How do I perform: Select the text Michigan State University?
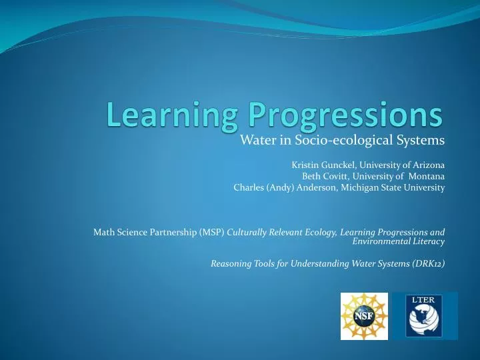click(393, 187)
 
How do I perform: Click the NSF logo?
click(364, 315)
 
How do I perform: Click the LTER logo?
click(425, 315)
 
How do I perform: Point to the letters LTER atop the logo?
click(425, 299)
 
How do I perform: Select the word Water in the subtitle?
click(255, 140)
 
